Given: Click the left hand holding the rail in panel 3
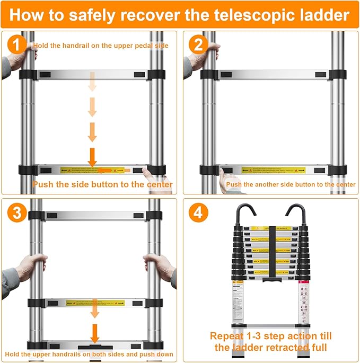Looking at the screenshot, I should coord(30,264).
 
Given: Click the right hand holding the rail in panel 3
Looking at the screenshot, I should coord(160,264).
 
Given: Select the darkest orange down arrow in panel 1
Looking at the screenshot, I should coord(92,156).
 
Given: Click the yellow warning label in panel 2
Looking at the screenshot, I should coord(273,171).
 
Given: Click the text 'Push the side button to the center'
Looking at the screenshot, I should coord(102,184).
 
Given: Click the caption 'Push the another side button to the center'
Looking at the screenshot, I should coord(291,184).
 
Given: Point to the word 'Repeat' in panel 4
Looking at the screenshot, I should coord(229,336).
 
